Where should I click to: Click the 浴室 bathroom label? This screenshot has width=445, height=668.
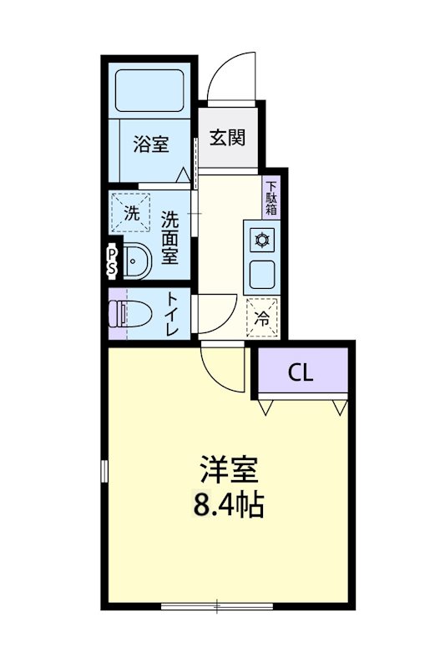pyautogui.click(x=150, y=144)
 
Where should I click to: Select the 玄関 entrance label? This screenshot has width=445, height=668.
pyautogui.click(x=226, y=138)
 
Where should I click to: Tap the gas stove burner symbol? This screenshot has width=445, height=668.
pyautogui.click(x=261, y=240)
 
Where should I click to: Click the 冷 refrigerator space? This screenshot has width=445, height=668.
pyautogui.click(x=261, y=317)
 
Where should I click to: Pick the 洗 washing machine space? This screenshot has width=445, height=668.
pyautogui.click(x=132, y=213)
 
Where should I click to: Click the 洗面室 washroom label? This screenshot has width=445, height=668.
pyautogui.click(x=169, y=238)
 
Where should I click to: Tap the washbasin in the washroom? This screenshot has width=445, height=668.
pyautogui.click(x=135, y=262)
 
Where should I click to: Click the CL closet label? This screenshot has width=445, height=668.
pyautogui.click(x=301, y=372)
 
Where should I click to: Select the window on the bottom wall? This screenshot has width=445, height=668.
pyautogui.click(x=216, y=606)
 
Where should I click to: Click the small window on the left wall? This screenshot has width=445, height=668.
pyautogui.click(x=104, y=472)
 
